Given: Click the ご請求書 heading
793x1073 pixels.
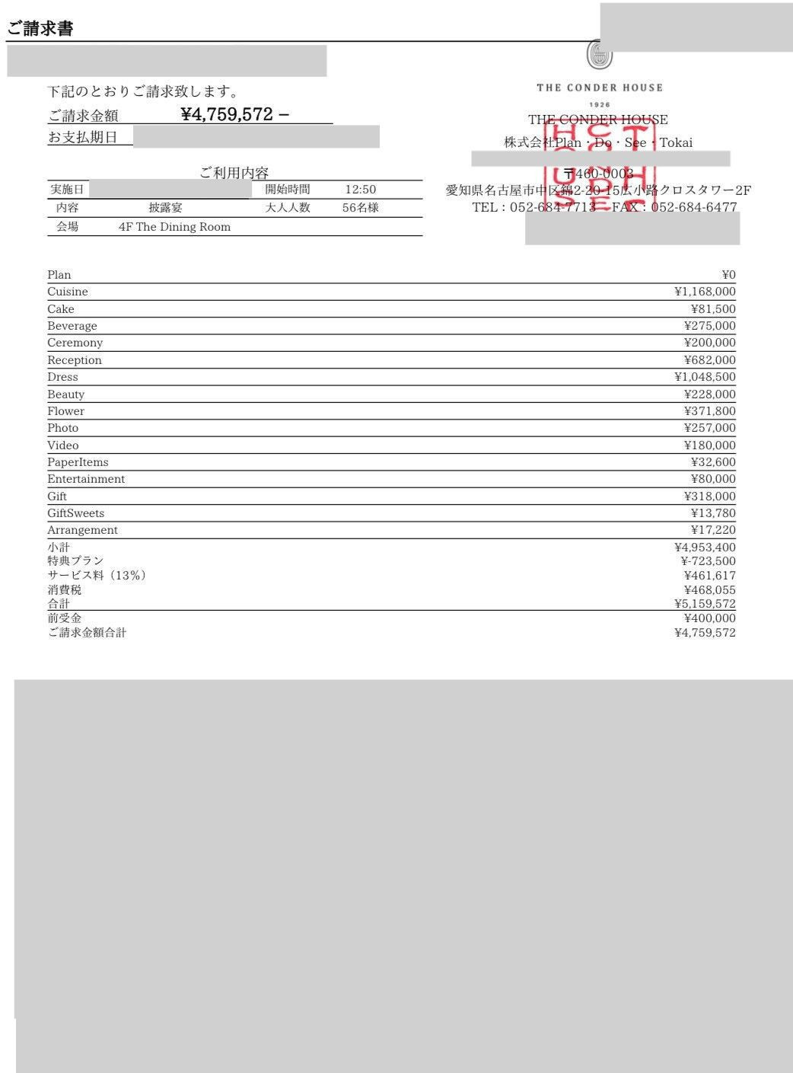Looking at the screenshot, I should tap(40, 29).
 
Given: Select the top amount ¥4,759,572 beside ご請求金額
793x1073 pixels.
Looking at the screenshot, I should tap(227, 114).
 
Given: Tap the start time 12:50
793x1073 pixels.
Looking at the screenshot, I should tap(360, 190).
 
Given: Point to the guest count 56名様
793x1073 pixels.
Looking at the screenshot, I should tap(360, 208).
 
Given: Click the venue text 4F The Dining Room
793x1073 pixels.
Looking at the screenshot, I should tap(174, 227).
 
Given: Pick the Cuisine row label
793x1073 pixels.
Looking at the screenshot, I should tap(68, 292).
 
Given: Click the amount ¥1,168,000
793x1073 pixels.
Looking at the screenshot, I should tap(705, 292).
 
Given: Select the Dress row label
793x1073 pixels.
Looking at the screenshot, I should tap(62, 377).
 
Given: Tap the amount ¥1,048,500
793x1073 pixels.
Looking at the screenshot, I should tap(705, 377).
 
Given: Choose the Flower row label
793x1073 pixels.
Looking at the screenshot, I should tap(65, 411).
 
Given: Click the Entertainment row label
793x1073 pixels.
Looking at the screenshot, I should tap(86, 479).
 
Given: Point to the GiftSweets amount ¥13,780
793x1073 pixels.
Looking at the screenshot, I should tap(713, 513).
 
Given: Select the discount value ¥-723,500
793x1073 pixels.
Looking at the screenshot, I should tap(708, 561).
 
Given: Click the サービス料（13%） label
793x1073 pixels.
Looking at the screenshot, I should tap(97, 576).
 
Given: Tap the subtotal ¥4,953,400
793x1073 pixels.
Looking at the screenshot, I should tap(705, 548).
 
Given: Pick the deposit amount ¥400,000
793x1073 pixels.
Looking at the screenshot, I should tap(709, 618).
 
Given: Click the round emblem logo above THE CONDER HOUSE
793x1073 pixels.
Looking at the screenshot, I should tap(599, 55).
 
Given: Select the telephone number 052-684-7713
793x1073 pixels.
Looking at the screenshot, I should tap(553, 207).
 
